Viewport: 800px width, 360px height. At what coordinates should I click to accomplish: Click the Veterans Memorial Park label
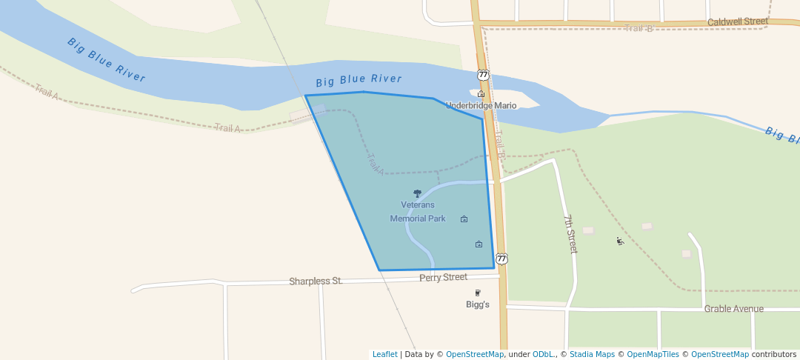(418, 211)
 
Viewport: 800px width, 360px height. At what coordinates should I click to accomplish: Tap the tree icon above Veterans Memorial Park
(417, 193)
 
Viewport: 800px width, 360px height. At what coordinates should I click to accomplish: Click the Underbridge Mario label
(481, 105)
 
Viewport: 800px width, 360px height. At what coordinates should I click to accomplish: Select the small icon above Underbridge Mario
(481, 94)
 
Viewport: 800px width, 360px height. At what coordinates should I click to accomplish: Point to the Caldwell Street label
(737, 22)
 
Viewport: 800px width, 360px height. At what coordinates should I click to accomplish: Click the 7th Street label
(570, 234)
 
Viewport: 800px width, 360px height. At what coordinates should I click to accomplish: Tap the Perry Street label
(443, 277)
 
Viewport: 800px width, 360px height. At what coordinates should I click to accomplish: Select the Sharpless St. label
(316, 281)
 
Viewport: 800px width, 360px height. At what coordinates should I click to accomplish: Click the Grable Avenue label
(733, 309)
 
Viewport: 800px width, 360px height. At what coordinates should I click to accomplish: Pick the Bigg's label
(477, 304)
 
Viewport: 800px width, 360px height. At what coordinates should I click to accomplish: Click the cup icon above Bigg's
(478, 293)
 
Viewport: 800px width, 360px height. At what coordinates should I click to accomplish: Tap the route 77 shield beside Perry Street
(501, 259)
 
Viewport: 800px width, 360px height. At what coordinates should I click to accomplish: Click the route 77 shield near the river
(483, 75)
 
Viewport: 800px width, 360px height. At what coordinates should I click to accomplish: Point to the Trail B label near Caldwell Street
(639, 28)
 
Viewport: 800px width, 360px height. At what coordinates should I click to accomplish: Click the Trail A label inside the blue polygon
(376, 164)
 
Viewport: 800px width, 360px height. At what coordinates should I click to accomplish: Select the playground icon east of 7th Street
(620, 241)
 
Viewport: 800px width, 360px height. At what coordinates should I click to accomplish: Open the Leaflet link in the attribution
(384, 354)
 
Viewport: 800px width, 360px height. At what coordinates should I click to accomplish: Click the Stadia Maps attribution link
(592, 354)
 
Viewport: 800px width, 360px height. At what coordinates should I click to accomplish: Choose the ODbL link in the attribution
(544, 354)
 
